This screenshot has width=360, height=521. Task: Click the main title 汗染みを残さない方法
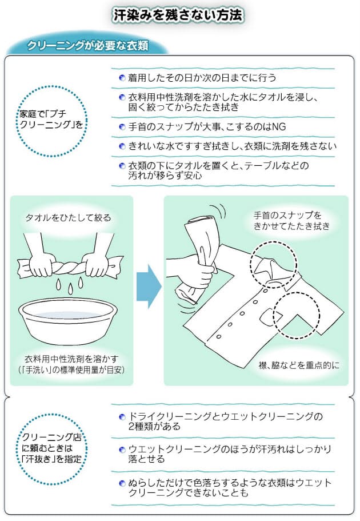click(x=178, y=15)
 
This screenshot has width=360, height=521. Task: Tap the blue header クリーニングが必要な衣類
click(x=87, y=46)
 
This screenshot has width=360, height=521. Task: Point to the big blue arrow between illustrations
click(x=149, y=287)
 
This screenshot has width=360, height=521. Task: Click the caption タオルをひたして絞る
click(x=68, y=218)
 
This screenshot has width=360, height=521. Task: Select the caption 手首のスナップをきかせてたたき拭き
click(x=291, y=221)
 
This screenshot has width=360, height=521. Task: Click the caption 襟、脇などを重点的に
click(x=299, y=365)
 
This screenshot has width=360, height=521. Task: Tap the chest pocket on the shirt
click(x=271, y=318)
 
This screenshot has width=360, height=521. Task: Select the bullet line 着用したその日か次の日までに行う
click(x=202, y=78)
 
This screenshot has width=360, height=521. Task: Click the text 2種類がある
click(x=154, y=426)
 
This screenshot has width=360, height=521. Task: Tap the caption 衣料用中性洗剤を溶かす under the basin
click(x=71, y=359)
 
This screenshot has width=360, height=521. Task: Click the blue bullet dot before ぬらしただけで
click(x=122, y=483)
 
